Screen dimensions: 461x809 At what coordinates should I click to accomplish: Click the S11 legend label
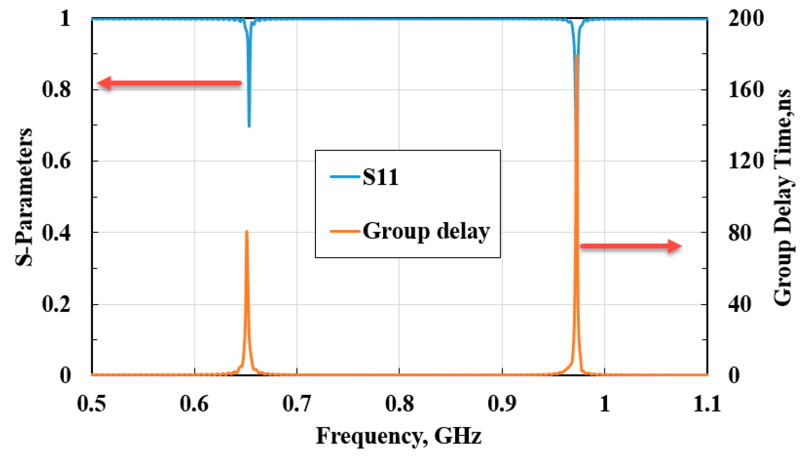tap(380, 177)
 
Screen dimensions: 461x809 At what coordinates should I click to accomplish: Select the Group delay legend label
tap(426, 231)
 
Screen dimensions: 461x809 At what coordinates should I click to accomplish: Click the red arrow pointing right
tap(630, 246)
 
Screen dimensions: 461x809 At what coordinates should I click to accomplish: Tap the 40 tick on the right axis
tap(740, 304)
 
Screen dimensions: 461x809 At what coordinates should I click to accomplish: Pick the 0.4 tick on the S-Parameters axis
tap(56, 232)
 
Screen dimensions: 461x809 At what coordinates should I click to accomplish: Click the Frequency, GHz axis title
tap(399, 436)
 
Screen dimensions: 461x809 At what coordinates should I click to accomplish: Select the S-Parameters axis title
tap(24, 197)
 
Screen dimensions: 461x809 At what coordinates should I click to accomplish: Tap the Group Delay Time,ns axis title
tap(783, 197)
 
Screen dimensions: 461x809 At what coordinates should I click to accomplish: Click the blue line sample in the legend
tap(344, 177)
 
